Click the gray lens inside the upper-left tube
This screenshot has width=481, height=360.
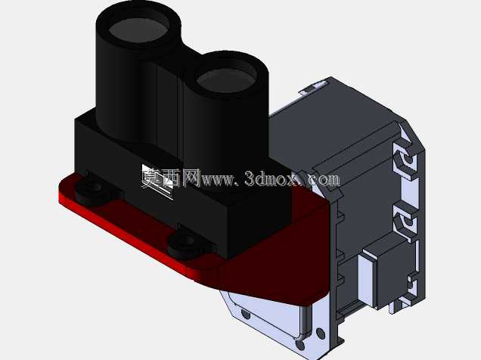click(138, 30)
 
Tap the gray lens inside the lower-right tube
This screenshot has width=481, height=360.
click(227, 81)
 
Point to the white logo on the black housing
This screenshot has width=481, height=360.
click(157, 182)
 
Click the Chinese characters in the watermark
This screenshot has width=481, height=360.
click(171, 178)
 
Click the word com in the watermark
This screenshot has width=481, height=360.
click(325, 179)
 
